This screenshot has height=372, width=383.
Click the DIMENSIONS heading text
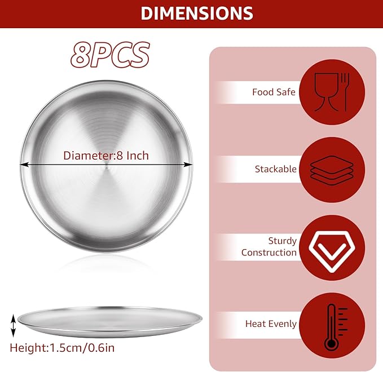[x=197, y=13]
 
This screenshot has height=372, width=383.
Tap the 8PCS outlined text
[x=110, y=55]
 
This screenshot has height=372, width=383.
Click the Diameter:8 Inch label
[x=106, y=156]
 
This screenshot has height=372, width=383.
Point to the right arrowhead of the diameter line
[x=188, y=165]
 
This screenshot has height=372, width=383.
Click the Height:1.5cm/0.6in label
[x=62, y=348]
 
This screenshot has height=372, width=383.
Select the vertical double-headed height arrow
[x=14, y=326]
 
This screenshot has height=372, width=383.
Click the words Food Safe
[x=274, y=92]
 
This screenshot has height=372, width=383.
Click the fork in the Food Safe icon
[x=345, y=92]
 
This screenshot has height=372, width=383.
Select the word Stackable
[x=275, y=169]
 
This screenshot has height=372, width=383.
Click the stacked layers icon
[x=332, y=170]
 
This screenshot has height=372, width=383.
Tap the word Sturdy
[x=283, y=241]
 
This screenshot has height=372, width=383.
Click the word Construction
[x=269, y=253]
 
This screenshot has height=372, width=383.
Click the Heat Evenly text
[x=271, y=324]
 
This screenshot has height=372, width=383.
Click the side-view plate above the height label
[x=110, y=322]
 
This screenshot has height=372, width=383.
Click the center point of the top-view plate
[x=106, y=167]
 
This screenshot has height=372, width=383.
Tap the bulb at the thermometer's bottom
[x=331, y=343]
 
